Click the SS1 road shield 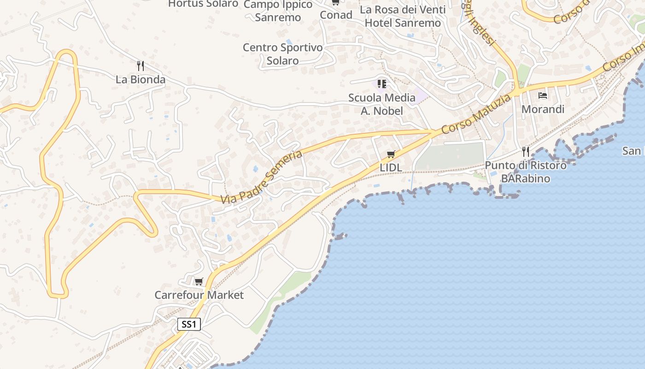(189, 324)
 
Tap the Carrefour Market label (199, 295)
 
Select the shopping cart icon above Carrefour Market (199, 281)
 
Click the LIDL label (391, 168)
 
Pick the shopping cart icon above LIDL (391, 154)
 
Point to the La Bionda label (141, 79)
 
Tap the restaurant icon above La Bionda (141, 66)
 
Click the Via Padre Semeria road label (261, 177)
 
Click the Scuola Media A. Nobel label (382, 104)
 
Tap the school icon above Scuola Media (381, 83)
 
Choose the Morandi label (543, 109)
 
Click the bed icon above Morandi (543, 95)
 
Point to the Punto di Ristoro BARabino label (526, 172)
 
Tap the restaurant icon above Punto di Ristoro (526, 151)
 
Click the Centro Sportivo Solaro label (283, 54)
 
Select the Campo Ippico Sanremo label (278, 11)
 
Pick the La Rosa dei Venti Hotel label (403, 16)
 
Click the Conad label (336, 15)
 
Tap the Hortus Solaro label (203, 4)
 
